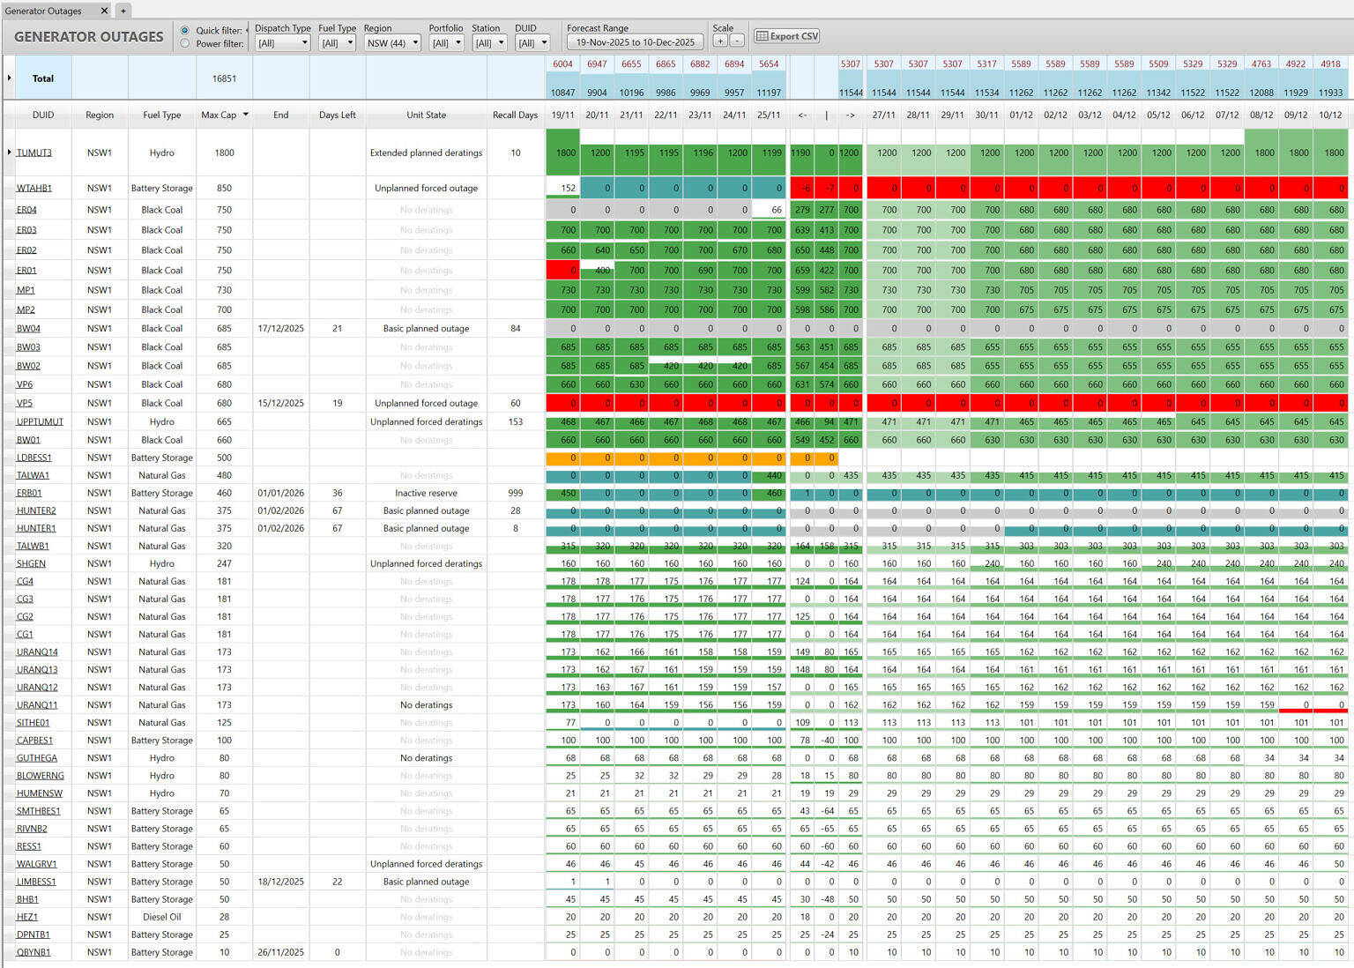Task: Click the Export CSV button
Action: (787, 36)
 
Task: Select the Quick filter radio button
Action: (185, 30)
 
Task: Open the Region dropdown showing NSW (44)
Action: (392, 42)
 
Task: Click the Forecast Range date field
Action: (635, 42)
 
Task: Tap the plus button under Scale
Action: (720, 41)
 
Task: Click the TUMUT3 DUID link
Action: (34, 153)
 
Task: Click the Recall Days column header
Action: (515, 115)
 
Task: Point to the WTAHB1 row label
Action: (34, 188)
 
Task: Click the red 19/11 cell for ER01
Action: (562, 270)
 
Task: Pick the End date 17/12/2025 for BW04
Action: (280, 328)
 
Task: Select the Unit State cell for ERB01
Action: (426, 493)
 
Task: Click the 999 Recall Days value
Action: (515, 493)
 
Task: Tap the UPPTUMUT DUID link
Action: (40, 421)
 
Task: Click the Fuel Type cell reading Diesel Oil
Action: (162, 917)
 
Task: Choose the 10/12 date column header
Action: (1330, 115)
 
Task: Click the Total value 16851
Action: (224, 78)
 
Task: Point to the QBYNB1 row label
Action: (33, 952)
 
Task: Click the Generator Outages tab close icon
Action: (104, 11)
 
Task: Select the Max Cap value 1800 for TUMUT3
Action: (224, 153)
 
